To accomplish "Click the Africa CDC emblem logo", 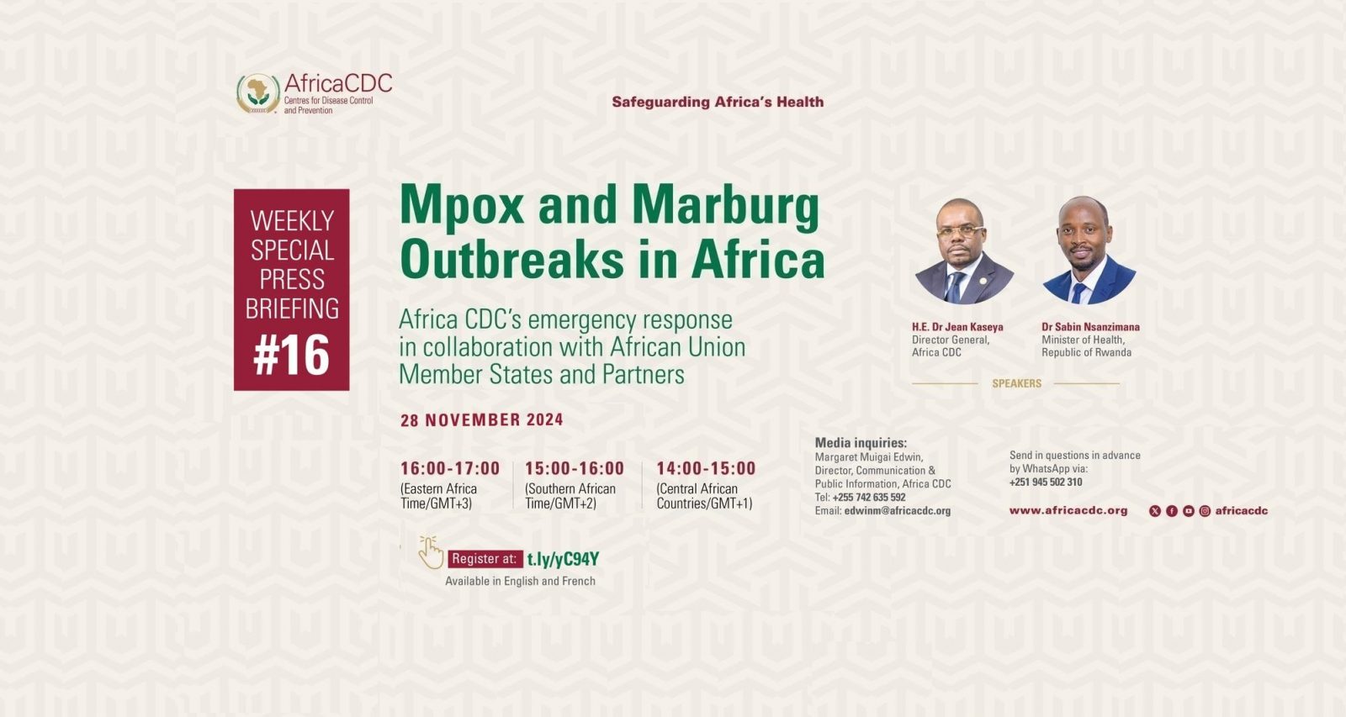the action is (258, 93).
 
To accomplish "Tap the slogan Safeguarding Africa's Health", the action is (718, 102).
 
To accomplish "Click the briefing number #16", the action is (291, 355).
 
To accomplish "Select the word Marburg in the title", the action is (726, 206).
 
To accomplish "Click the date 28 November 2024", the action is (482, 419).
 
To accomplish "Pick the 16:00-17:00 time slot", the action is (450, 468).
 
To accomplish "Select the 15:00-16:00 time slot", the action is (575, 468).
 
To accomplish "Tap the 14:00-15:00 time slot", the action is (706, 468).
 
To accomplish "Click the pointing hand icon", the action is (430, 552).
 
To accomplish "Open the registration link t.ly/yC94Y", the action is (563, 559).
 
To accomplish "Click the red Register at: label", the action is (485, 559).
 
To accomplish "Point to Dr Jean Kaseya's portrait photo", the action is (964, 251).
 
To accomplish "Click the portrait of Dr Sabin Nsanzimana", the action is (1089, 250).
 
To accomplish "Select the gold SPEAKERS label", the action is (1017, 384).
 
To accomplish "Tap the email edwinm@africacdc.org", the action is (897, 511).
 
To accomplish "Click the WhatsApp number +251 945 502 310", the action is (1046, 482).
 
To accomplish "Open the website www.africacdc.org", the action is (1068, 511).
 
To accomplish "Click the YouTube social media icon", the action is (1189, 511).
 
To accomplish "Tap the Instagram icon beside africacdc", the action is (1205, 511).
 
